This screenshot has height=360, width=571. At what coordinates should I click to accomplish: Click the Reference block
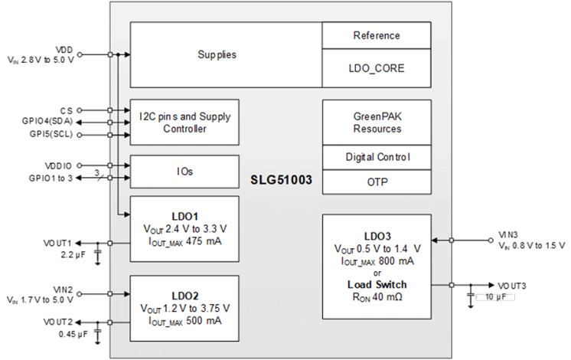click(377, 35)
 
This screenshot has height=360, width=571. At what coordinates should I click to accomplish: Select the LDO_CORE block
click(377, 68)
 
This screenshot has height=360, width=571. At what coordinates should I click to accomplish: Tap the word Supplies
click(217, 55)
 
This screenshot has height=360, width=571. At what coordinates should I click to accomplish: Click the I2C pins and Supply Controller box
click(184, 123)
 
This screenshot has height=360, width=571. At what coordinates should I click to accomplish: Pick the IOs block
click(184, 172)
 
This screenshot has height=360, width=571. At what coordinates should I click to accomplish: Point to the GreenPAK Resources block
click(377, 123)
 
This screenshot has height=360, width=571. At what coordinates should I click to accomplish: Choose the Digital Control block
click(377, 157)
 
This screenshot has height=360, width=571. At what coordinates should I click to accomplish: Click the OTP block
click(377, 183)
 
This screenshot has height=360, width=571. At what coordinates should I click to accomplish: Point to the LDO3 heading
click(377, 235)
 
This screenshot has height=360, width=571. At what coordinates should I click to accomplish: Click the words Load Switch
click(377, 284)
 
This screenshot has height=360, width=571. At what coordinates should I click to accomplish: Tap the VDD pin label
click(66, 48)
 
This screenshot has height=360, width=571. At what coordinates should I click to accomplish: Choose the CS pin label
click(68, 110)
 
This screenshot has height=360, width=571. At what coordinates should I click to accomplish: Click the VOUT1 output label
click(60, 242)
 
